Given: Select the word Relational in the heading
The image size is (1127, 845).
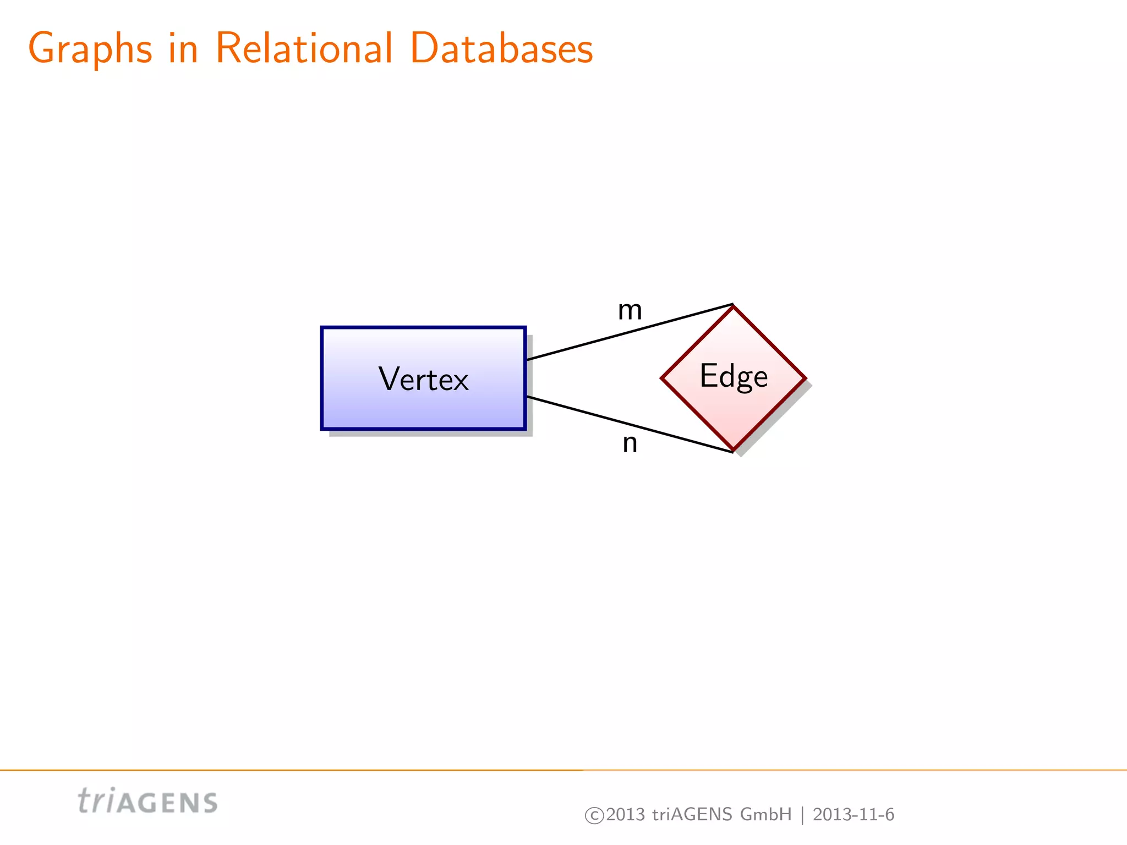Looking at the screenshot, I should (x=304, y=48).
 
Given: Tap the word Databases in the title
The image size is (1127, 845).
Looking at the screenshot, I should (x=501, y=48).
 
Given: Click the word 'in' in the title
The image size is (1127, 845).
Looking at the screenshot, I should (x=183, y=48).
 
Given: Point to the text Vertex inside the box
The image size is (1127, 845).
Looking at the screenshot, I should (x=424, y=379).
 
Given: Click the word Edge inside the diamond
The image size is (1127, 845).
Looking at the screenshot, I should (x=734, y=376).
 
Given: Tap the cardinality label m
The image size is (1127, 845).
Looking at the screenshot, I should (x=630, y=310).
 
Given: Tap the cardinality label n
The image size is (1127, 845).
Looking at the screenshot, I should (x=630, y=443).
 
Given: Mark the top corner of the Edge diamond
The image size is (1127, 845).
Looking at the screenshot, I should (x=734, y=306).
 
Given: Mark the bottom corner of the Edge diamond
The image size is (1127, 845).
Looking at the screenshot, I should (x=734, y=450).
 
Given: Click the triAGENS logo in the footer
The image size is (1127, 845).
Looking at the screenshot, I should (x=147, y=802).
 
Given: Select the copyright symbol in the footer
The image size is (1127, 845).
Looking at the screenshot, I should (x=594, y=815).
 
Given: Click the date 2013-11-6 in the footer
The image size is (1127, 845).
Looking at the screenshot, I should (x=853, y=814).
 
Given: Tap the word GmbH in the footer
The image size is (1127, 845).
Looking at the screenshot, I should (x=765, y=814).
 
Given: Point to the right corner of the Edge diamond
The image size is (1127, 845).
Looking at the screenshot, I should (x=805, y=378).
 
